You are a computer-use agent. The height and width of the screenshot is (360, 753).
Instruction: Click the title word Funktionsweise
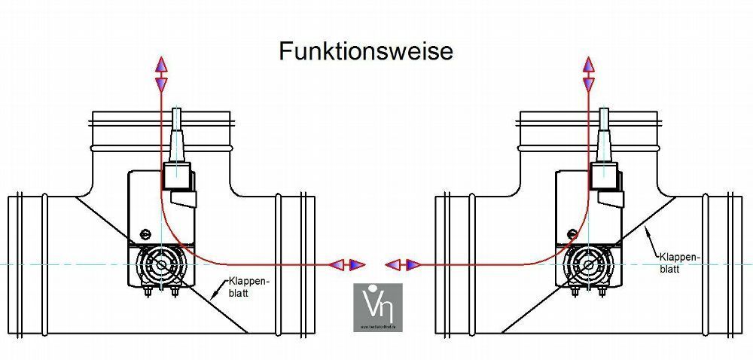pos(366,51)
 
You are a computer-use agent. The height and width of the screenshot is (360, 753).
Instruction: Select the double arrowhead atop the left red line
pos(161,74)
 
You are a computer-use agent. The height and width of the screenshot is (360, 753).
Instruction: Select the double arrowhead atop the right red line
pos(589,74)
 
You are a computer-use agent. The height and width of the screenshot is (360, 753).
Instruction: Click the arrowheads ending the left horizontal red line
pos(349,264)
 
